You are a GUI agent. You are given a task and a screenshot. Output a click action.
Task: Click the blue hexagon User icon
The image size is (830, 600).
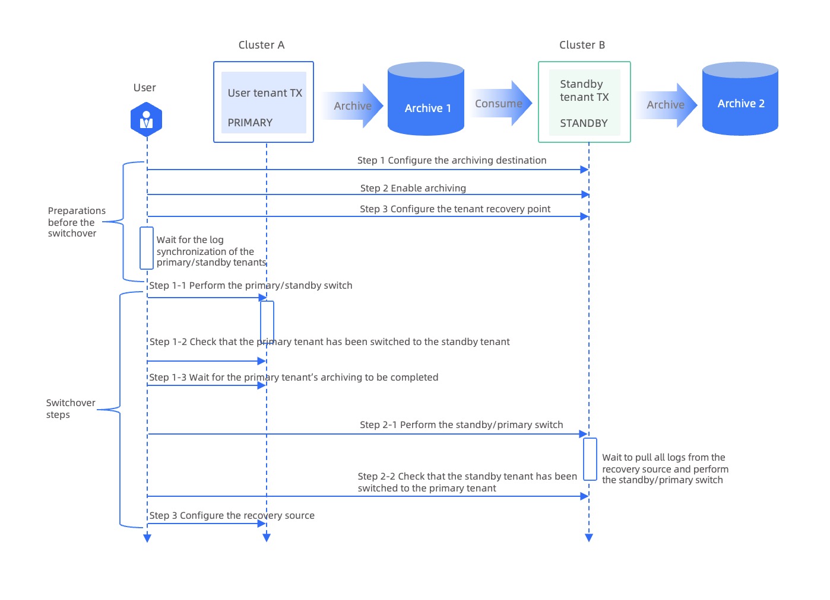[146, 120]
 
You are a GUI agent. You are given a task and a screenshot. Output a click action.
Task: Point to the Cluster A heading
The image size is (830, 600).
[261, 45]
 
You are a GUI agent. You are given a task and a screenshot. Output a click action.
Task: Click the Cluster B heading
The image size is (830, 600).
[582, 45]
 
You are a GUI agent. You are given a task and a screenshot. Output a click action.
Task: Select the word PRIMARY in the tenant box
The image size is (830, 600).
[250, 123]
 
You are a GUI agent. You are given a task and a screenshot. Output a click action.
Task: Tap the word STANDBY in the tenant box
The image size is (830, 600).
[584, 123]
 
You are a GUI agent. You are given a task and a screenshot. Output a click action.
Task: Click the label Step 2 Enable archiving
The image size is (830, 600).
[413, 188]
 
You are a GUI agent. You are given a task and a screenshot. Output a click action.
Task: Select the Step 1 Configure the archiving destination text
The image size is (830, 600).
[452, 160]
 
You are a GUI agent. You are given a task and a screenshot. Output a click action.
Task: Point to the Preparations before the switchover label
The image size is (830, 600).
[76, 222]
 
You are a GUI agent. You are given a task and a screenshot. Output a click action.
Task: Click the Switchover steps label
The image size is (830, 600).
[70, 408]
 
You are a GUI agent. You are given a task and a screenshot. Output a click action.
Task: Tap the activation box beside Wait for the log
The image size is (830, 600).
[147, 248]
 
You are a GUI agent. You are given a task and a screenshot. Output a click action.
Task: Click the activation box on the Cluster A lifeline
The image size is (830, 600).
[267, 322]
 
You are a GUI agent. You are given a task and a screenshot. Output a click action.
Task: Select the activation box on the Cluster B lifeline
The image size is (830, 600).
[590, 459]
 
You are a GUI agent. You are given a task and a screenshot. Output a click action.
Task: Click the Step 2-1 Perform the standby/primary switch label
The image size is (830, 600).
[461, 425]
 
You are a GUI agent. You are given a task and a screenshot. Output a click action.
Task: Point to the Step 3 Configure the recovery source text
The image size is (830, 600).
[232, 515]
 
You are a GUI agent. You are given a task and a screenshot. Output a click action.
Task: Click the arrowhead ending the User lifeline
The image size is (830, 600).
[147, 538]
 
